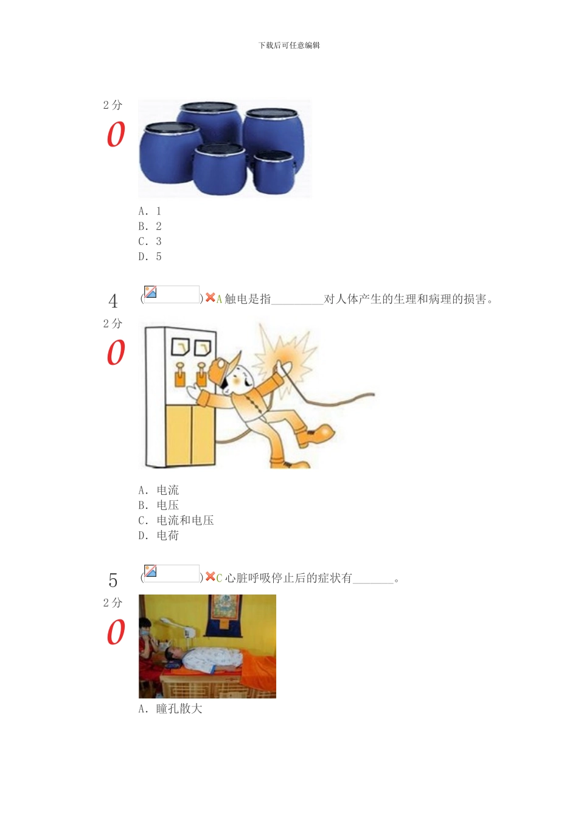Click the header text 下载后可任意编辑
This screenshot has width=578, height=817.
pyautogui.click(x=289, y=45)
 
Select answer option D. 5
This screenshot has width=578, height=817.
pyautogui.click(x=150, y=257)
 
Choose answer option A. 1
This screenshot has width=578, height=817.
pyautogui.click(x=150, y=211)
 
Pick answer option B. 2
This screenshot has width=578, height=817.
pyautogui.click(x=150, y=226)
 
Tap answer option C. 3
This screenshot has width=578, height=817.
pyautogui.click(x=150, y=241)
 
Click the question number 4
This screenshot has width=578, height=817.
pyautogui.click(x=113, y=301)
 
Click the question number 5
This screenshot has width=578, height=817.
pyautogui.click(x=113, y=581)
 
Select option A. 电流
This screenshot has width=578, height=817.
pyautogui.click(x=158, y=490)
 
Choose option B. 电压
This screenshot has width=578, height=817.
pyautogui.click(x=158, y=505)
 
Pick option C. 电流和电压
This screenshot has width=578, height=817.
pyautogui.click(x=176, y=520)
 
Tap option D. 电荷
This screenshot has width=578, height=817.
pyautogui.click(x=158, y=536)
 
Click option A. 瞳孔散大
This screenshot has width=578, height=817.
pyautogui.click(x=170, y=709)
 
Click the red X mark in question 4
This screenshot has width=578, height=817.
pyautogui.click(x=210, y=297)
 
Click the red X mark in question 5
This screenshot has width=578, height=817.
pyautogui.click(x=210, y=576)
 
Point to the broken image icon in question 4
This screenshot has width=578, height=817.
pyautogui.click(x=151, y=292)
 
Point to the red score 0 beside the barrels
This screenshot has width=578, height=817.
pyautogui.click(x=116, y=135)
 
